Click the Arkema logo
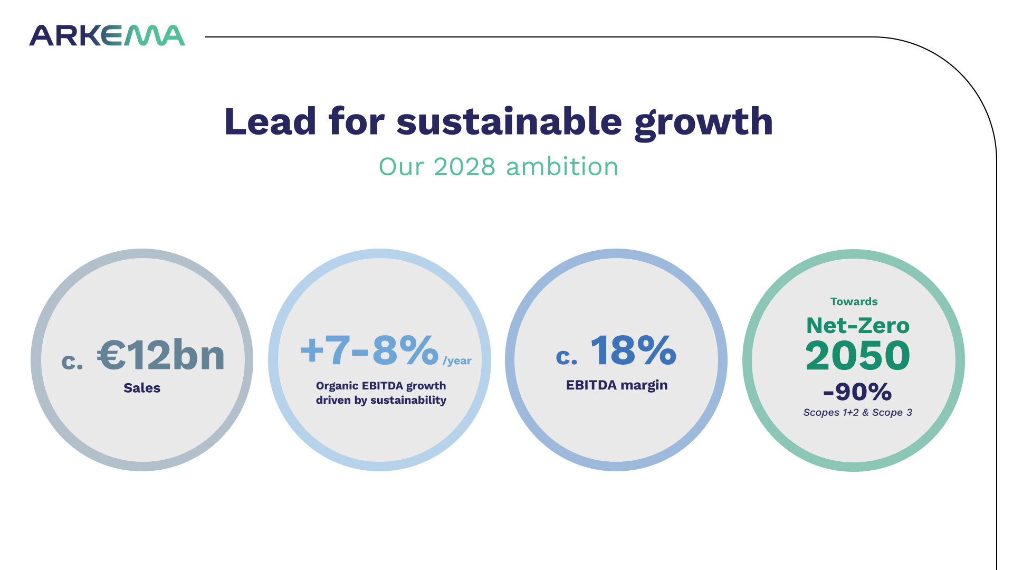point(107,35)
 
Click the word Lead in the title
point(270,122)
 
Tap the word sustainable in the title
point(509,122)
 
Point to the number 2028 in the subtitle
point(464,167)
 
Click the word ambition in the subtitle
point(562,167)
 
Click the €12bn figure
point(161,355)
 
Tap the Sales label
point(142,388)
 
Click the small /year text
point(457,361)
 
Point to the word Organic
point(337,386)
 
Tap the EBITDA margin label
point(617,385)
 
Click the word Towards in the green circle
point(854,301)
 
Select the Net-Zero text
point(858,326)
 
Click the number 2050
point(858,355)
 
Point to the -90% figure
point(857,392)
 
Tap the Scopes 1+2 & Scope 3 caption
point(857,412)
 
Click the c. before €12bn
point(72,361)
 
